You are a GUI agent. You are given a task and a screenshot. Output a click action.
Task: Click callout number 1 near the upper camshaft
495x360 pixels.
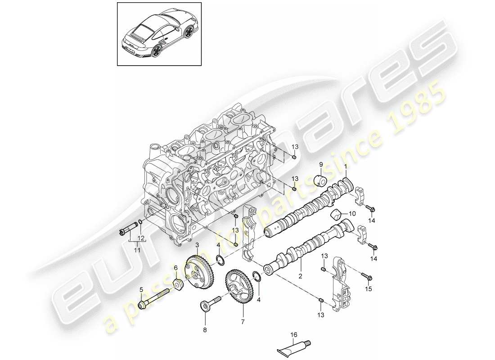[345, 167]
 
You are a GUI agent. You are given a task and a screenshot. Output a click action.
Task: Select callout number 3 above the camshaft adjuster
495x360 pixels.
[197, 244]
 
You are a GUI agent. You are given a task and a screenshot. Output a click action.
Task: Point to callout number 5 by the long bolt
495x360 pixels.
[141, 289]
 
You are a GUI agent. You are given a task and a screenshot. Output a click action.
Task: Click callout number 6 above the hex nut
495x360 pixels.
[176, 268]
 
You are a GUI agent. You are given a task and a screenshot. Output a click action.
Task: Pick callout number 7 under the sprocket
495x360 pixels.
[243, 322]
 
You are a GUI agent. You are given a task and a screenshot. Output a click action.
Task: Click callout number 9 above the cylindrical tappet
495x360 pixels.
[321, 164]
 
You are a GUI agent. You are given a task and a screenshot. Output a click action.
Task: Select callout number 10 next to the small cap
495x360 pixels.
[351, 214]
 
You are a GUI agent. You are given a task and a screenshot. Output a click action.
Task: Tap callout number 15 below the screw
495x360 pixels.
[369, 289]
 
